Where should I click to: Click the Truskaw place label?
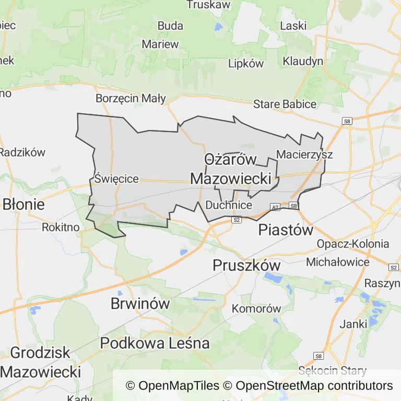tap(208, 5)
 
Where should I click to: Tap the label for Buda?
tap(170, 26)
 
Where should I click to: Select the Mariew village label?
tap(160, 44)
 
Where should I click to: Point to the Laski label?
tap(293, 26)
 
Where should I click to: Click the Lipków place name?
tap(246, 63)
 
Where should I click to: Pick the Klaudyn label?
tap(303, 61)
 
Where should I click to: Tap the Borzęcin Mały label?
tap(131, 98)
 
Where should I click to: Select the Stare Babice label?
tap(285, 104)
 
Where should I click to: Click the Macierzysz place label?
tap(304, 155)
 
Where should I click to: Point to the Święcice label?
tap(116, 179)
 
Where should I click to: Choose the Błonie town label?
tap(23, 204)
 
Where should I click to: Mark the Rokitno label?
tap(61, 227)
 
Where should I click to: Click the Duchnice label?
tap(229, 205)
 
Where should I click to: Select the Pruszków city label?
tap(246, 265)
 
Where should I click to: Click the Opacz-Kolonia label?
tap(353, 244)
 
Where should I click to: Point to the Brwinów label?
tap(140, 303)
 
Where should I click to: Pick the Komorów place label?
tap(256, 309)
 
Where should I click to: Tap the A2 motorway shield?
tap(275, 207)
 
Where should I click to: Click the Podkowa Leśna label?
tap(155, 343)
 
